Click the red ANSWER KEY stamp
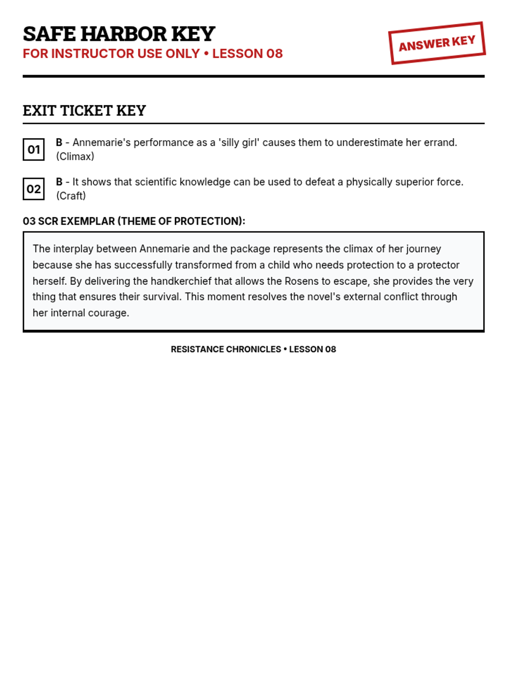[437, 43]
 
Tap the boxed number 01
[34, 150]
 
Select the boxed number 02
[34, 189]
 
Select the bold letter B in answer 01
[59, 142]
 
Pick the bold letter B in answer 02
[59, 182]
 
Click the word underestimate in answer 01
[370, 142]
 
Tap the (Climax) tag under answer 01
[75, 156]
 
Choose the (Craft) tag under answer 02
[71, 196]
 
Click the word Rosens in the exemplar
[301, 281]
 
